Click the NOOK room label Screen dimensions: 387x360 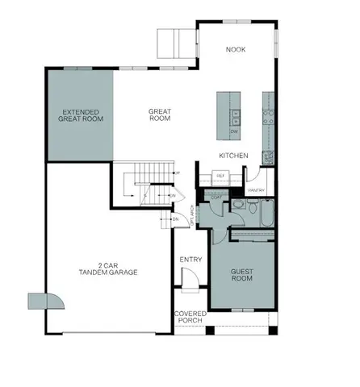[x=236, y=50]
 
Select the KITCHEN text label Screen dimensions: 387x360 [x=233, y=155]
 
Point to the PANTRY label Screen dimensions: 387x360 [x=257, y=190]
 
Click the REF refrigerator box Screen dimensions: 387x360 [x=220, y=173]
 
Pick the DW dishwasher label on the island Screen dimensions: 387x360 [x=234, y=131]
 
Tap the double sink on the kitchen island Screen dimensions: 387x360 [x=234, y=113]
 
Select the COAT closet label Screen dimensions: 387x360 [x=216, y=196]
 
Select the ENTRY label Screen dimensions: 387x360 [x=190, y=259]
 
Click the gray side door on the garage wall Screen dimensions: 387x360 [x=40, y=301]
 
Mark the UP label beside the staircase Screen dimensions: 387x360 [x=177, y=173]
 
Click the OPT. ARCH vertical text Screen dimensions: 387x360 [x=190, y=215]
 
